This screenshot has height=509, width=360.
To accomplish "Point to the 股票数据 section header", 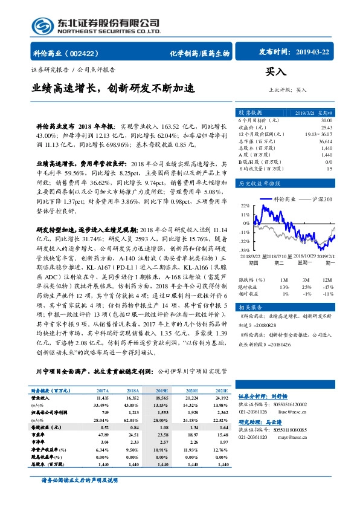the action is tap(250, 112).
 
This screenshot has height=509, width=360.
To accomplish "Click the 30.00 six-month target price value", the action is tap(326, 120).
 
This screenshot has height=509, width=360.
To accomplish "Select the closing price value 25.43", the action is tap(326, 127).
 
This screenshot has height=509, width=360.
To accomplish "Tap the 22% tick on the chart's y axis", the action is tap(244, 206).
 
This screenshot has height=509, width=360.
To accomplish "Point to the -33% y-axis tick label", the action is tap(243, 249).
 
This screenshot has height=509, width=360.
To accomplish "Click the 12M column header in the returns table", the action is tap(327, 280).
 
